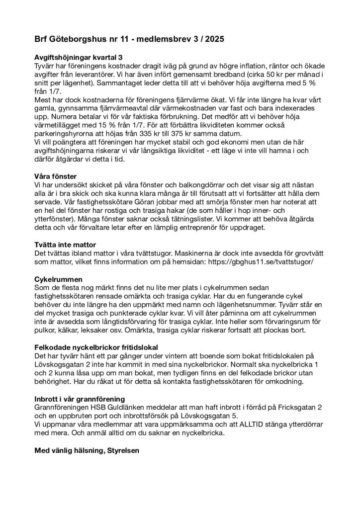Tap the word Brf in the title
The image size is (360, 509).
(x=42, y=38)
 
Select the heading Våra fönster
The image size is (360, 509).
(x=55, y=176)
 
